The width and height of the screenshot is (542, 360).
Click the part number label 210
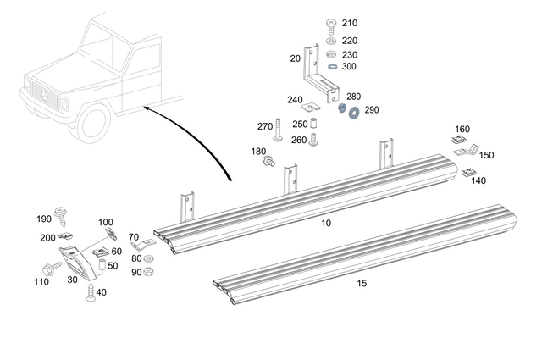pos(349,23)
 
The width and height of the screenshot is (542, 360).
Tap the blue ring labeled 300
pos(330,66)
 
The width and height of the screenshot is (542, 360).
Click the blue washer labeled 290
pos(352,111)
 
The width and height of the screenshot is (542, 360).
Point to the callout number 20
pos(295,58)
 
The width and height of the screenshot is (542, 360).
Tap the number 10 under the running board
pos(326,223)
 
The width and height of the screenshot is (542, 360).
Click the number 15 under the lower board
pos(362,282)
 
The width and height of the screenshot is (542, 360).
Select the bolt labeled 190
pos(62,212)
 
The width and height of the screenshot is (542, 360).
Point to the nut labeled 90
pos(148,271)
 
